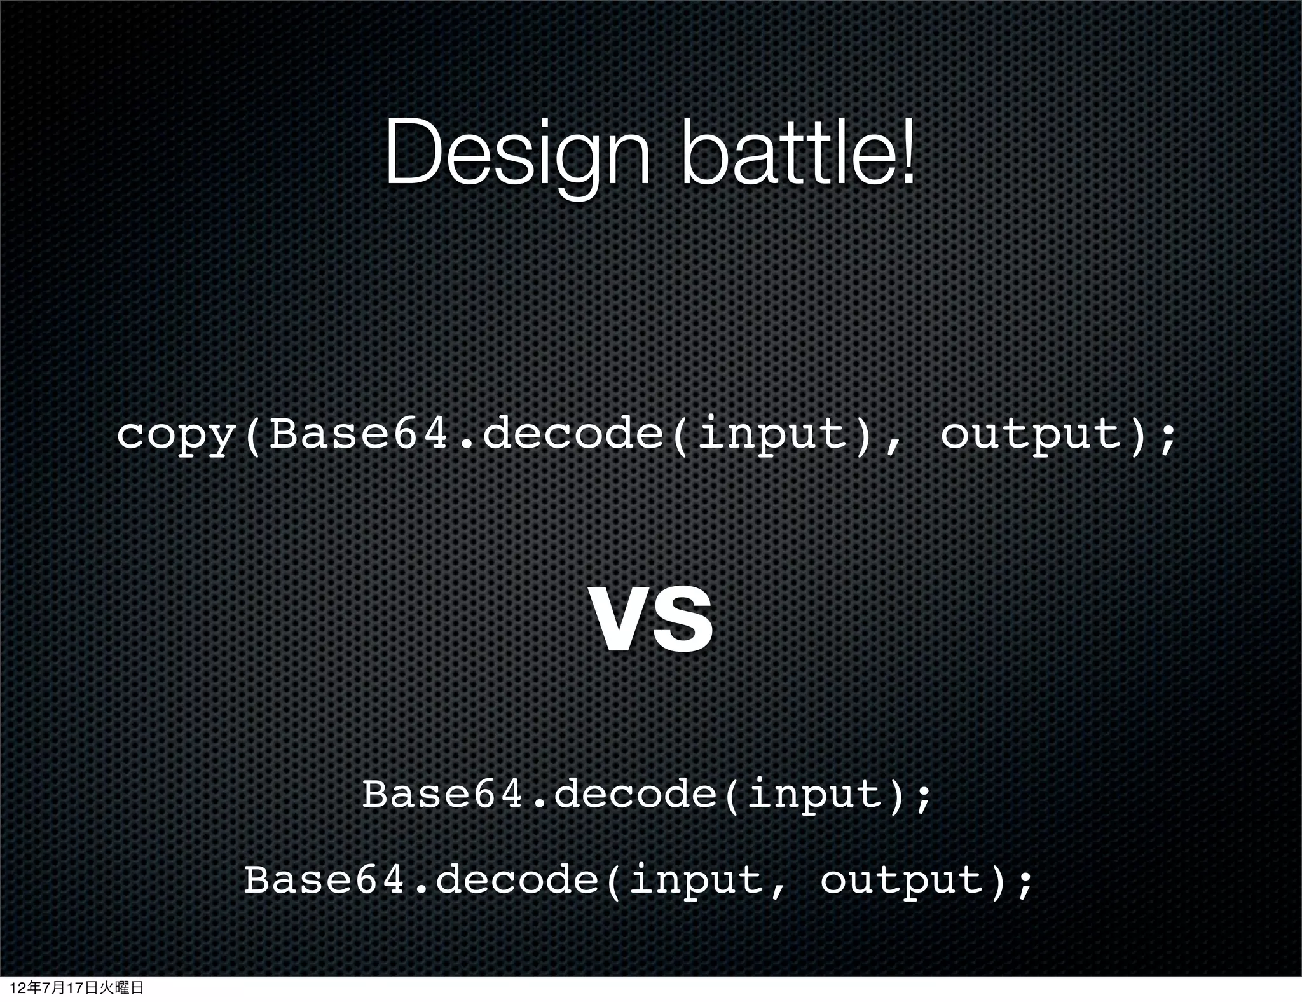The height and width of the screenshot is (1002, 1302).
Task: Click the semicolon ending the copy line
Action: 1165,439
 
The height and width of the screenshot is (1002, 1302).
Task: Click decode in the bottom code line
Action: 517,881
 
